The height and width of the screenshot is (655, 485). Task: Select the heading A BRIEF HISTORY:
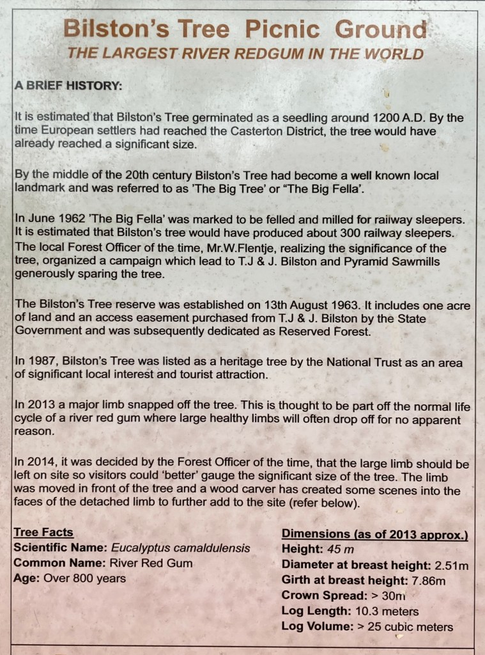point(68,86)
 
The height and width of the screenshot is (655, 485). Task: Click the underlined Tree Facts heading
point(43,533)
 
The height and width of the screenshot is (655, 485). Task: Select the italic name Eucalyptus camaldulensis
point(181,548)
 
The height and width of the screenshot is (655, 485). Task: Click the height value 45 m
point(335,549)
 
